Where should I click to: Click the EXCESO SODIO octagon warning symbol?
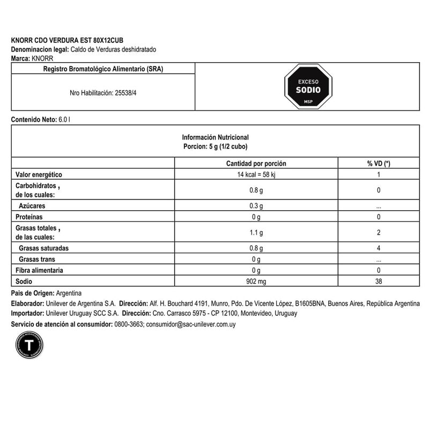tap(308, 86)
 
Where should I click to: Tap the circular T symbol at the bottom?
tap(29, 345)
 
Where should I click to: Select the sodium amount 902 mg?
tap(256, 282)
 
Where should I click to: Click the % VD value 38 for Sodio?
tap(379, 282)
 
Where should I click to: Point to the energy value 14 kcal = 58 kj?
tap(256, 175)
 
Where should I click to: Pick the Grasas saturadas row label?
tap(43, 249)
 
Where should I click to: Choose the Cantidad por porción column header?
tap(256, 164)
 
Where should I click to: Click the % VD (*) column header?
tap(379, 164)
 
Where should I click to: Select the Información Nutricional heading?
tap(215, 137)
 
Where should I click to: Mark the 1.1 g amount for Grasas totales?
tap(256, 233)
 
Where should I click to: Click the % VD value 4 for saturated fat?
tap(379, 249)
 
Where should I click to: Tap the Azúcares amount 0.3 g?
tap(256, 206)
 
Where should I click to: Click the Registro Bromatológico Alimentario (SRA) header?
tap(102, 68)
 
